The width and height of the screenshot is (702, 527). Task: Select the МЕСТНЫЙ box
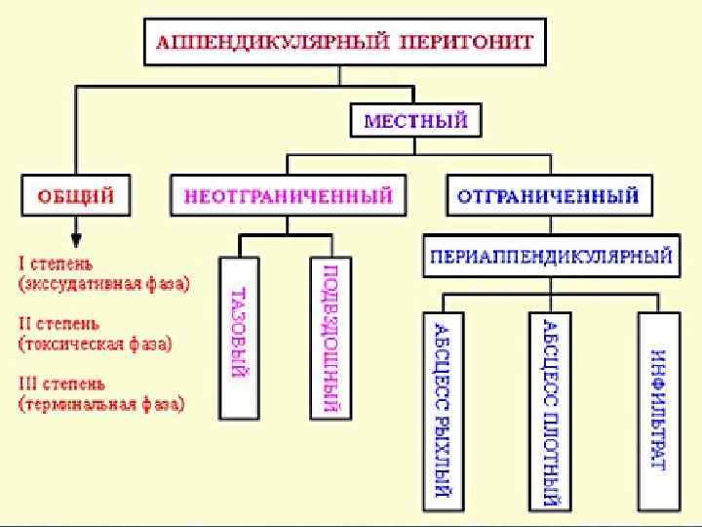pyautogui.click(x=415, y=122)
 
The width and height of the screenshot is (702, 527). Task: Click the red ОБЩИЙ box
pyautogui.click(x=76, y=196)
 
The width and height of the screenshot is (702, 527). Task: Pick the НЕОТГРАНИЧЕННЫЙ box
pyautogui.click(x=289, y=196)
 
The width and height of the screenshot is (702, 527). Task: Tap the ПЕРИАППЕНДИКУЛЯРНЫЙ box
pyautogui.click(x=550, y=258)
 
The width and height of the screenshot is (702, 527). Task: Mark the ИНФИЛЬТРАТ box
pyautogui.click(x=657, y=410)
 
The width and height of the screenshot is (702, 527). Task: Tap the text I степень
pyautogui.click(x=58, y=263)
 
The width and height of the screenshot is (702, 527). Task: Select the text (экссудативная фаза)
pyautogui.click(x=104, y=284)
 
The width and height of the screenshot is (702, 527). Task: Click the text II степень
pyautogui.click(x=60, y=323)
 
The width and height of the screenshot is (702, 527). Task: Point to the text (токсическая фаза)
pyautogui.click(x=96, y=344)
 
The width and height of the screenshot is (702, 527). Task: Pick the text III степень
pyautogui.click(x=62, y=383)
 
